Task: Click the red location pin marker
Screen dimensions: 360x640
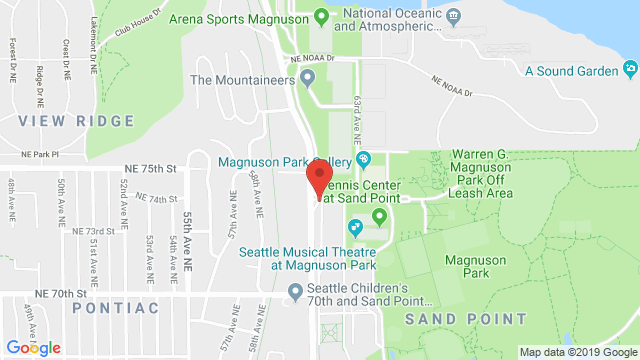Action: tap(318, 177)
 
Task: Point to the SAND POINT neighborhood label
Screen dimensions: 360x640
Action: tap(465, 318)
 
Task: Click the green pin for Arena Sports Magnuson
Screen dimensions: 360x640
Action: tap(321, 16)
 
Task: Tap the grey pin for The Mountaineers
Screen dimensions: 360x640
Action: tap(307, 77)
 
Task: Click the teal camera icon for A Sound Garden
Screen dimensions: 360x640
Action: tap(630, 70)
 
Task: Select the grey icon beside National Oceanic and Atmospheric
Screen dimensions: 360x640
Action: tap(453, 16)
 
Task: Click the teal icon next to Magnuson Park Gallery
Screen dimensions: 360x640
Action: tap(364, 159)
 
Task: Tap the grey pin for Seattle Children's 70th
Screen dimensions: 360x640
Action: tap(294, 292)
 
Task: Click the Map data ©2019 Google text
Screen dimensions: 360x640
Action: tap(577, 351)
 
